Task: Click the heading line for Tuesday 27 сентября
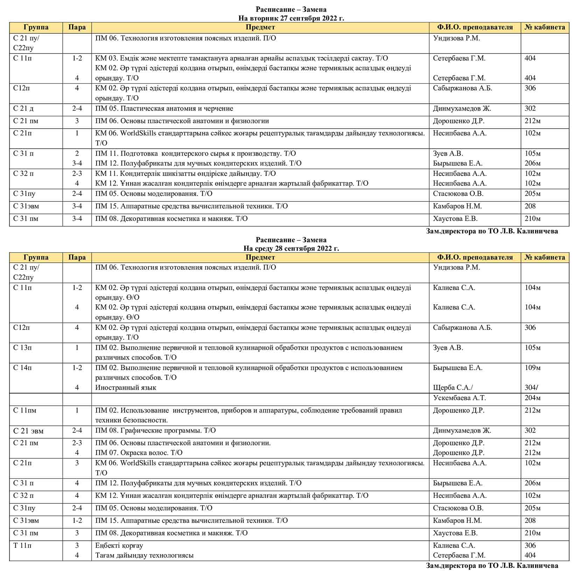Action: point(291,18)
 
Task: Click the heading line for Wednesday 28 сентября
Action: point(291,248)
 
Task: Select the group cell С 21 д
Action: point(23,109)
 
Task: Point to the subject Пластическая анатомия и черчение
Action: point(164,109)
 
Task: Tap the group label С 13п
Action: point(22,348)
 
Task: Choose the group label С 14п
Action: point(22,368)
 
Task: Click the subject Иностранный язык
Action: point(126,388)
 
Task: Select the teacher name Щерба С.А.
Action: point(453,388)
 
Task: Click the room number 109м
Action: point(532,368)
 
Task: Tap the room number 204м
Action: point(532,398)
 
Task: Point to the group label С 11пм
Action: point(25,410)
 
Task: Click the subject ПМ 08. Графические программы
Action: point(155,431)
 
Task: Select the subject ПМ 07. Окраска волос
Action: point(139,453)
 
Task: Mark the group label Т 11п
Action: point(22,545)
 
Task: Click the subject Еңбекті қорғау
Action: point(119,545)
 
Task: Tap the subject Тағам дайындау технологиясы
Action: point(144,555)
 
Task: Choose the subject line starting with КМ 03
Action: point(242,58)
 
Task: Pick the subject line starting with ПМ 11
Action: point(195,154)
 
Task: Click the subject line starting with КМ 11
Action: point(186,174)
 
